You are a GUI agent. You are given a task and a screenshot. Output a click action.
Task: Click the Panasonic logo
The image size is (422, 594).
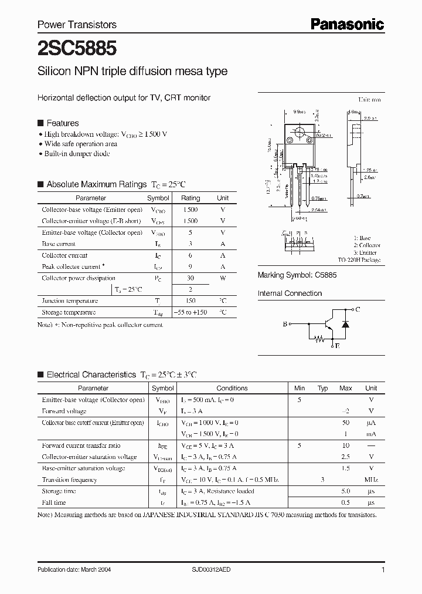pos(346,24)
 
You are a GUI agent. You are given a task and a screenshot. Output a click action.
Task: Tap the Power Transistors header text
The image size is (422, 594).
pos(77,25)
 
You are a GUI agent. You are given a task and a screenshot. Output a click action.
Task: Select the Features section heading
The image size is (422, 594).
pos(62,123)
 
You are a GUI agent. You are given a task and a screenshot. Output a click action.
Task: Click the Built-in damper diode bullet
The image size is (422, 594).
pos(77,154)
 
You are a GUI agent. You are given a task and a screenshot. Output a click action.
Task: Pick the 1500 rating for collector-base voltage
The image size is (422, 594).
pos(190,210)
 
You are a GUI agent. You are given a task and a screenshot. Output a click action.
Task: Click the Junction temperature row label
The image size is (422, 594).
pos(69,301)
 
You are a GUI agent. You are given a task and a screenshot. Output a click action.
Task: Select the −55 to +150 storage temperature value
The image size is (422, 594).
pos(190,313)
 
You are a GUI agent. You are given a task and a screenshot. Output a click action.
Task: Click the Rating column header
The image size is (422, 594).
pos(190,198)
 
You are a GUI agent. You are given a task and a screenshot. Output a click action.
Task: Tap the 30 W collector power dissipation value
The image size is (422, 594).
pos(190,278)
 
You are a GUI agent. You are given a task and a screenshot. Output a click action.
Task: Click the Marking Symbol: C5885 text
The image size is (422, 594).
pos(297,275)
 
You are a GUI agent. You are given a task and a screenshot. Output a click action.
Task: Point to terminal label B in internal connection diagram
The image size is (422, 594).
pos(285,323)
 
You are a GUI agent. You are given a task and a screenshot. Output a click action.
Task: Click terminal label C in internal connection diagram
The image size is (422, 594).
pos(358,309)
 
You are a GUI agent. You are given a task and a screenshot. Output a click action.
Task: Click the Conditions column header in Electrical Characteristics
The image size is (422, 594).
pos(232,388)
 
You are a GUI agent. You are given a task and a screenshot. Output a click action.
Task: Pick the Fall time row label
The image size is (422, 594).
pos(54,503)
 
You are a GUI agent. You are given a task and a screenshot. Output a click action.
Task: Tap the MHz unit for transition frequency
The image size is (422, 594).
pos(370,480)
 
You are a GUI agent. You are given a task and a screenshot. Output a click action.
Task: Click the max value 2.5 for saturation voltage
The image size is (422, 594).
pos(345,457)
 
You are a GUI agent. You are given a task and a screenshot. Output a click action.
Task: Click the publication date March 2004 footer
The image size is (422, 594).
pos(74,570)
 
